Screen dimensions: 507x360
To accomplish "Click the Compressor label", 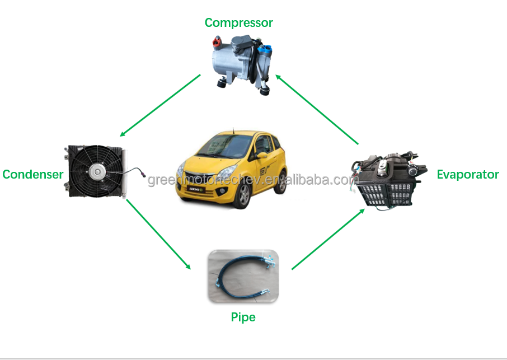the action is [x=238, y=23].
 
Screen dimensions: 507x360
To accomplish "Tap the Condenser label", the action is [x=32, y=174].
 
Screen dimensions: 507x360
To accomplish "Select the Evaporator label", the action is [x=467, y=174].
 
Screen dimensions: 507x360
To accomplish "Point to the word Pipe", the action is [x=243, y=317].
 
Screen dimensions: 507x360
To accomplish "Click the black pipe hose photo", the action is [x=243, y=275].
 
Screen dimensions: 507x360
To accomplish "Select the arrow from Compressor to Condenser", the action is [x=160, y=106].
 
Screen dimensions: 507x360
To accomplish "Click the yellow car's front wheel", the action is [x=243, y=197].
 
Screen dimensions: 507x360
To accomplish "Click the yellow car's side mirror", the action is [x=261, y=155].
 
